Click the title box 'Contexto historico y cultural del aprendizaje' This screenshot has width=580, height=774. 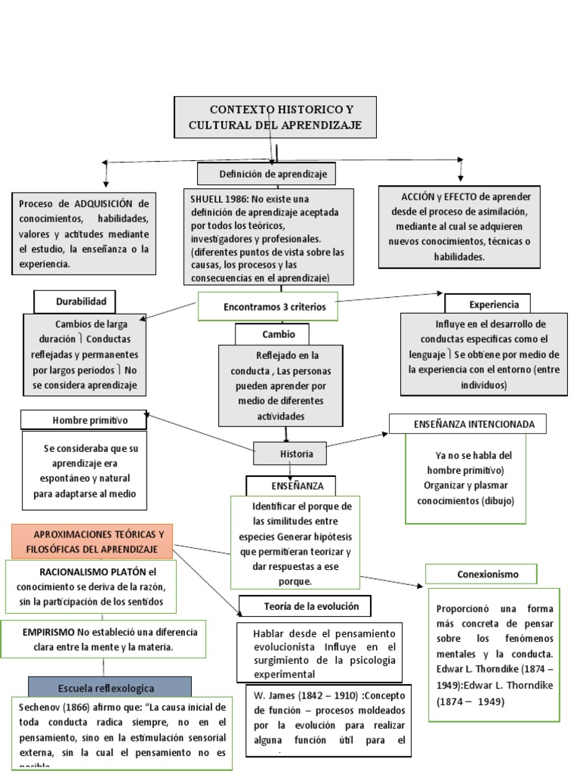275,117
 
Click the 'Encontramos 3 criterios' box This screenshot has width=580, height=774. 267,308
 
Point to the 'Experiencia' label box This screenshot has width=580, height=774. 493,304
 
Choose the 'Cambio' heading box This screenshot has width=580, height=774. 278,334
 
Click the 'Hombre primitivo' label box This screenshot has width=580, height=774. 84,420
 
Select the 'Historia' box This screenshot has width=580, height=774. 291,454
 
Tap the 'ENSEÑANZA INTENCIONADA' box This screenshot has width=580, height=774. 468,424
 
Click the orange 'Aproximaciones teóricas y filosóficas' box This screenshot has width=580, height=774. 92,541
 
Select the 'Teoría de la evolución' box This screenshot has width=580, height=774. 307,606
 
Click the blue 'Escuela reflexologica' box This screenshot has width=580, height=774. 110,688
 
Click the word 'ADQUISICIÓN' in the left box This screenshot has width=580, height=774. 101,204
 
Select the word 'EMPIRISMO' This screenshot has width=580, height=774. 48,632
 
